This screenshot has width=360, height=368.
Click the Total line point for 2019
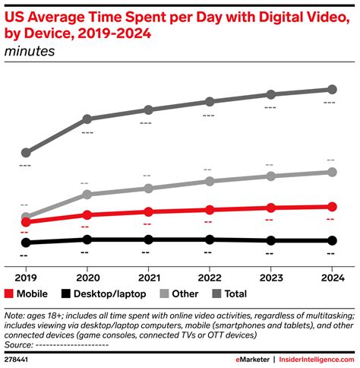click(x=26, y=152)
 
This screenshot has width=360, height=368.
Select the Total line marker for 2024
click(x=331, y=90)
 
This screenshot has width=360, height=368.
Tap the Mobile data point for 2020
click(x=87, y=215)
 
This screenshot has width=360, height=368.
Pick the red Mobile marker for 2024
click(x=331, y=206)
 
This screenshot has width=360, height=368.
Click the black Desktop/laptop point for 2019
click(x=26, y=243)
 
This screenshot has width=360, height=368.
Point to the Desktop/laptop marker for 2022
click(x=209, y=240)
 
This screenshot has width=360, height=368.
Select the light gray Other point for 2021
click(x=147, y=189)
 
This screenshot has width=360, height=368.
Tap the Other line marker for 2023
click(x=270, y=176)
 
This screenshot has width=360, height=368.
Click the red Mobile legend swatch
click(x=10, y=294)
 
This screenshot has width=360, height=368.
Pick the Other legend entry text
click(x=185, y=294)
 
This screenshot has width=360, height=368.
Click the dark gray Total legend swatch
click(x=216, y=294)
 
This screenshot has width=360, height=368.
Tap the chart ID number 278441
click(x=18, y=357)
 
